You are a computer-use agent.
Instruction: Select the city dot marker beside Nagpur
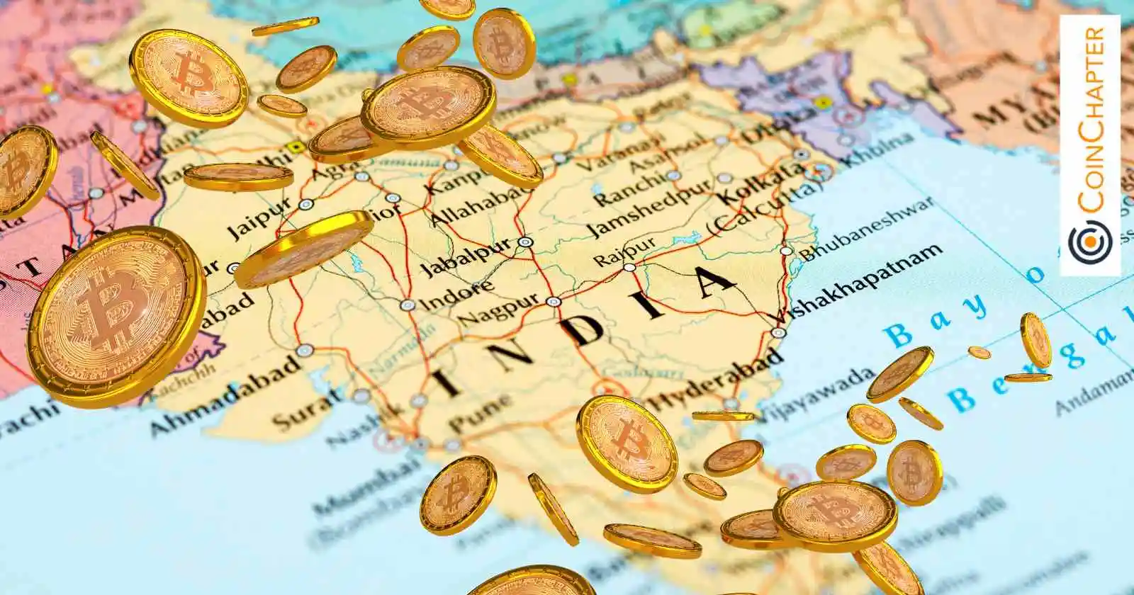pyautogui.click(x=554, y=301)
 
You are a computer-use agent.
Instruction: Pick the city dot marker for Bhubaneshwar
pyautogui.click(x=786, y=251)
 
